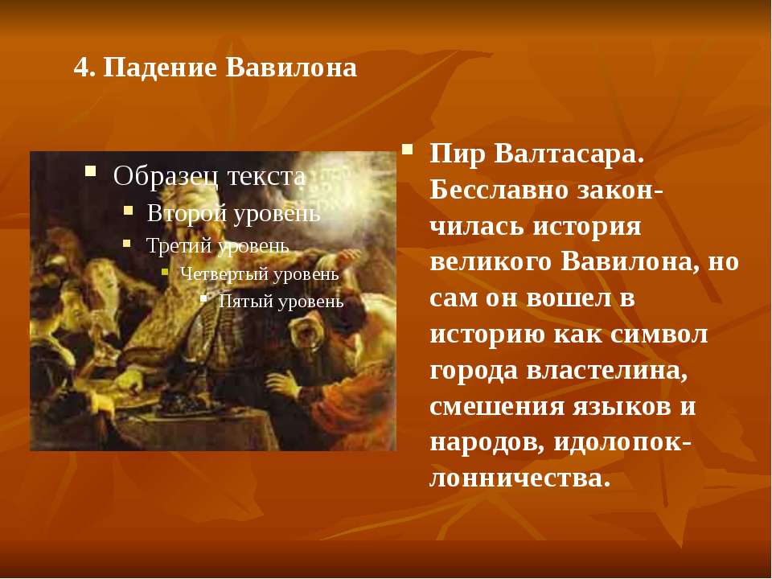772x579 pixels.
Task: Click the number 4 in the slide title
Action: [82, 68]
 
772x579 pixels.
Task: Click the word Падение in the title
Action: [160, 68]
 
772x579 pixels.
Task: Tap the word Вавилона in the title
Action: [291, 68]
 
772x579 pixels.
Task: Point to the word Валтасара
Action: [569, 154]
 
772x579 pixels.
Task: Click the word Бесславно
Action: [499, 191]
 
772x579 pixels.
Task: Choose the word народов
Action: [487, 442]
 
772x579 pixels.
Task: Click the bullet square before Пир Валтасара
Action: [407, 150]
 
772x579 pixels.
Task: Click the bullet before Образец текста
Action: [90, 170]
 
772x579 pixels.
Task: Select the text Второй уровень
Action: [234, 213]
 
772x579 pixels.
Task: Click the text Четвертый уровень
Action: [260, 273]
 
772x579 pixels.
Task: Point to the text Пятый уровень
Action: [281, 301]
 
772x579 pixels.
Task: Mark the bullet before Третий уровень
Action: [127, 243]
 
